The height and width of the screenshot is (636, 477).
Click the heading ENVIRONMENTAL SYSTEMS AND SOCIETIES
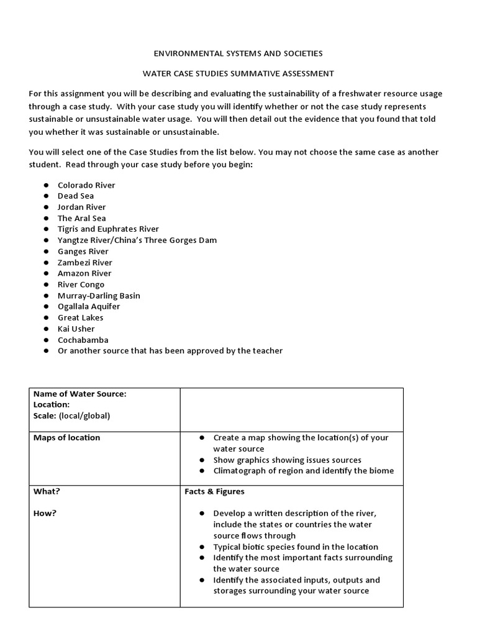[238, 53]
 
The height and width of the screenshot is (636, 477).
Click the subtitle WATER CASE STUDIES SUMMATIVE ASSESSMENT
[238, 73]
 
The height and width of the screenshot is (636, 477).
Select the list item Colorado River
[86, 185]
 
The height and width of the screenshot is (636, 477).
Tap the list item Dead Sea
[76, 196]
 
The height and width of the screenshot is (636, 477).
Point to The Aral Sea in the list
[81, 218]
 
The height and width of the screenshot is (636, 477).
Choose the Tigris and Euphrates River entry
[108, 229]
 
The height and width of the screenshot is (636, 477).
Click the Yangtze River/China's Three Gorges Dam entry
[137, 240]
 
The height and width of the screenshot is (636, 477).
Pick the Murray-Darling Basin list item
[99, 296]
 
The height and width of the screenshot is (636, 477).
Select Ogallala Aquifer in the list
[89, 307]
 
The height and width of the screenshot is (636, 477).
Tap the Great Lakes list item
[81, 318]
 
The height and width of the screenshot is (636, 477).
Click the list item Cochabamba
[83, 340]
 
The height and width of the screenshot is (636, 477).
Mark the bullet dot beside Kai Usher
[46, 329]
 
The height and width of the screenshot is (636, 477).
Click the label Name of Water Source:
[79, 393]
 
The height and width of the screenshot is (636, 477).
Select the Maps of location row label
[66, 437]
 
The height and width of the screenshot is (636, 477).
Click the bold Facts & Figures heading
[214, 491]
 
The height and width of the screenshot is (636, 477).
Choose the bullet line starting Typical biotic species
[295, 547]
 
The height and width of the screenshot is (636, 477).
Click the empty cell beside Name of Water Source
[291, 409]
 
